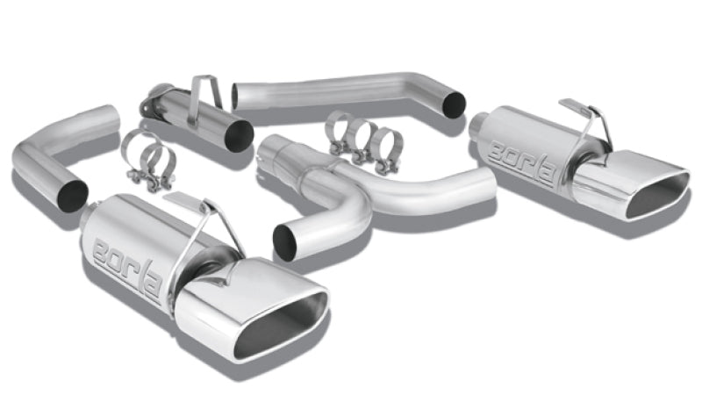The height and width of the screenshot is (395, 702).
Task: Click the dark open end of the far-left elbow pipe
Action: click(x=73, y=194)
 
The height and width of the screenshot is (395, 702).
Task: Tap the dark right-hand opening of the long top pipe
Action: click(x=454, y=104)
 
